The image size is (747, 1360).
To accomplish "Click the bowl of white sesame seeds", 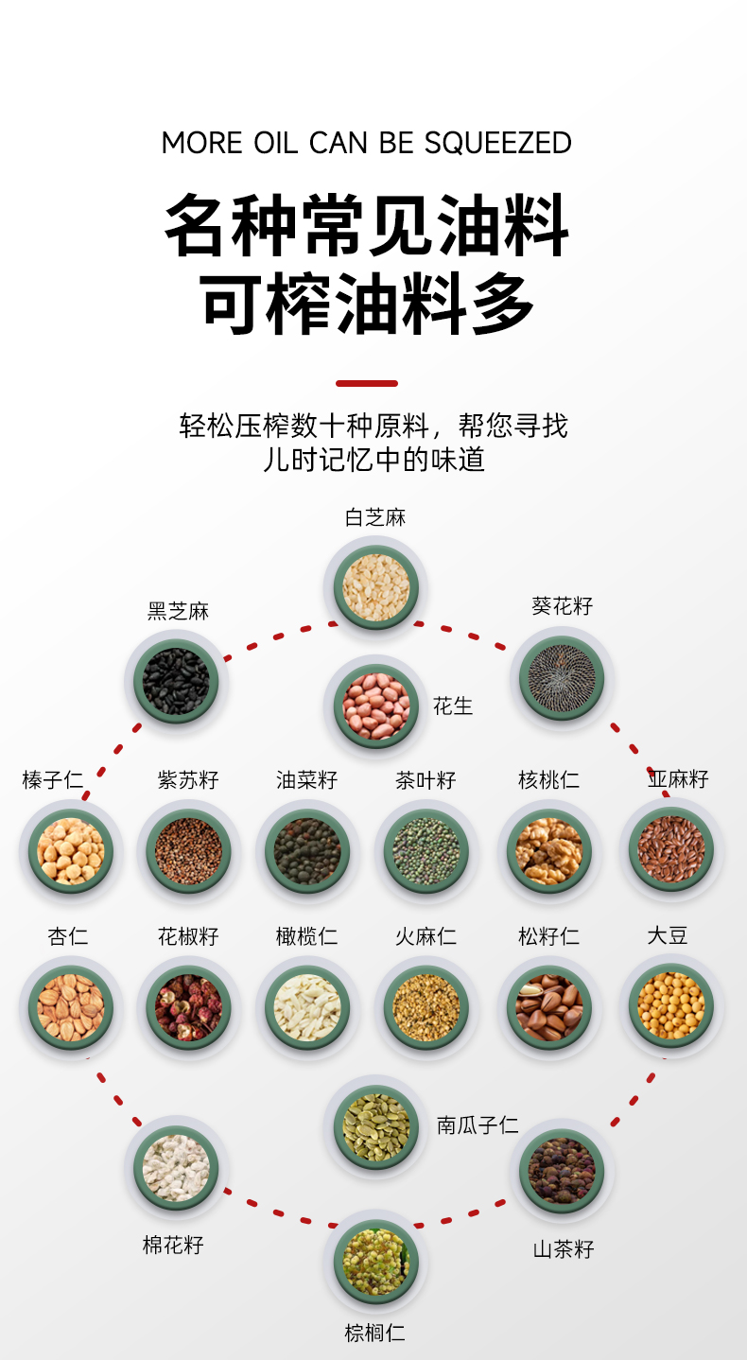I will coord(375,587).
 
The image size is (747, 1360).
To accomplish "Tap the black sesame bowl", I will coord(176,681).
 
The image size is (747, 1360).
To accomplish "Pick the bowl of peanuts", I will coord(375,706).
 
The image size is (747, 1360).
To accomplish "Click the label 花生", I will coord(453,706).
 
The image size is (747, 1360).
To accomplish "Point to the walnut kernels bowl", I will coord(548,850).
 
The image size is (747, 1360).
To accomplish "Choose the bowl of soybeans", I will coord(671,1005).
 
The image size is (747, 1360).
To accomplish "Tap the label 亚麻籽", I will coord(678,779).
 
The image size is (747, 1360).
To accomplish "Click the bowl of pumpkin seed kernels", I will coord(375,1126).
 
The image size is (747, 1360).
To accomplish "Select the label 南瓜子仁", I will coord(478,1125).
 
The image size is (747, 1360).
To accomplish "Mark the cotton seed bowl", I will coord(176,1167).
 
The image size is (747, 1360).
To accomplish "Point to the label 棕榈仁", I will coord(374,1334).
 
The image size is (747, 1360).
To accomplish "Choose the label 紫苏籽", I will coord(188,780).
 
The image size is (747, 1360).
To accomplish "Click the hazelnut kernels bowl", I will coord(71,850).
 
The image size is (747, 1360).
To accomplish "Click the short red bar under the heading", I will coord(367,383).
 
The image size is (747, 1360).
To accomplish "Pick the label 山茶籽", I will coord(564,1249).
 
